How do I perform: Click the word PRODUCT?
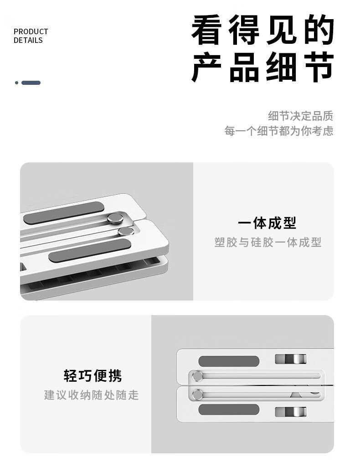tap(31, 31)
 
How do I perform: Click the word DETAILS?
tap(28, 40)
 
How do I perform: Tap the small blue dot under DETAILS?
tap(17, 83)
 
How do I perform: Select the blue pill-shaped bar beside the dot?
tap(31, 83)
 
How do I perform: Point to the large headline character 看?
tap(206, 30)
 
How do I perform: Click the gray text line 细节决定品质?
tap(300, 116)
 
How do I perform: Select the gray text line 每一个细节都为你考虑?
tap(279, 131)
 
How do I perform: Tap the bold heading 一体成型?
tap(267, 223)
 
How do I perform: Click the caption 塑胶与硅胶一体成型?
tap(268, 242)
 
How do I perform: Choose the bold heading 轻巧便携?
tap(93, 376)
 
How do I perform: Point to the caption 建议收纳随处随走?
tap(91, 395)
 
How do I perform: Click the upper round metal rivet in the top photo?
tap(115, 218)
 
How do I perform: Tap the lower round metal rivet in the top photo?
tap(126, 231)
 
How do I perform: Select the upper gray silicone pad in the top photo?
tap(64, 213)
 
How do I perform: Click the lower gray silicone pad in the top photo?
tap(90, 250)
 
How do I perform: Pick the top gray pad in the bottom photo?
tap(229, 361)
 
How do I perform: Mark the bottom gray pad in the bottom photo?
tap(229, 410)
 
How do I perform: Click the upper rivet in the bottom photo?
tap(197, 376)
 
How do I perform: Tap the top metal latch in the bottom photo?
tap(291, 359)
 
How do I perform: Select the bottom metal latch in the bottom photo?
tap(291, 412)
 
